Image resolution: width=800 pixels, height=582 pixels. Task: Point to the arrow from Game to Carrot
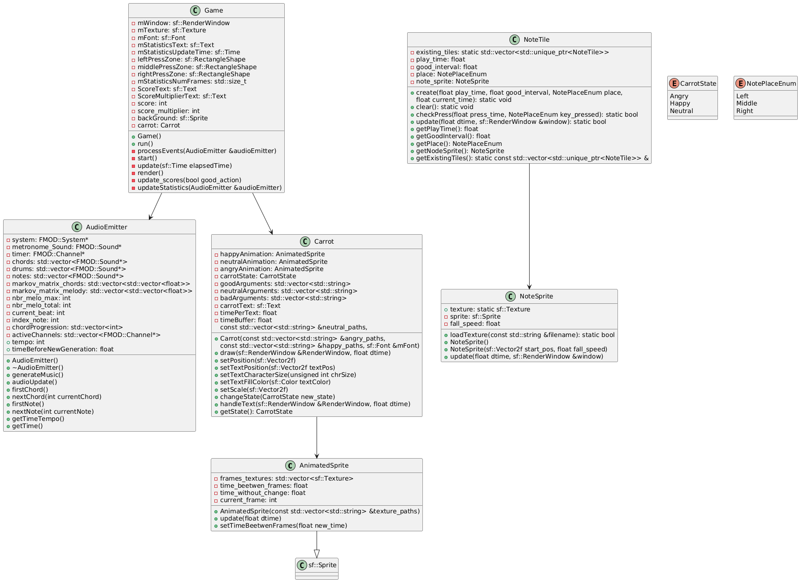tap(262, 213)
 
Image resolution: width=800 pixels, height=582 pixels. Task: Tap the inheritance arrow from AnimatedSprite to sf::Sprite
tap(317, 545)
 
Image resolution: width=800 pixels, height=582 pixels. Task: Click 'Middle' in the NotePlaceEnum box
tap(747, 103)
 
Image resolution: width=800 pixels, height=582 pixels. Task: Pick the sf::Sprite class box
tap(317, 568)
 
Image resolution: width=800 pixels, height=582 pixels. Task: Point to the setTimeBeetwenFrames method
tap(283, 525)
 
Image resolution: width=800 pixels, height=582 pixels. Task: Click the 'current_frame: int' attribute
tap(248, 500)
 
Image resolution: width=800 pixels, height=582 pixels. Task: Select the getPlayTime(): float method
tap(447, 129)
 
